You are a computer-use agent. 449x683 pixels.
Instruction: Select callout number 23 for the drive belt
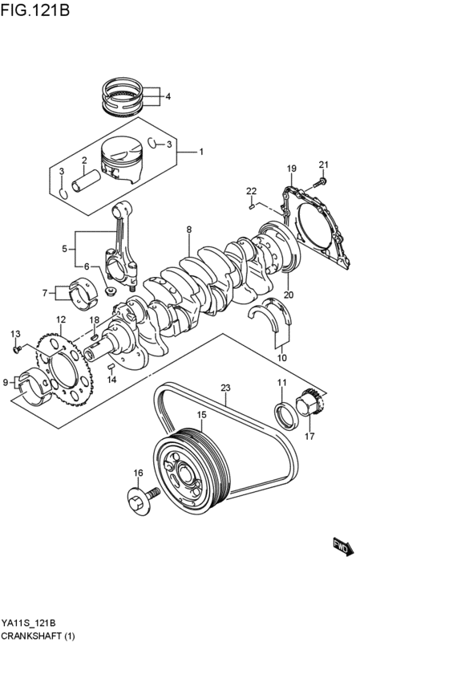(226, 388)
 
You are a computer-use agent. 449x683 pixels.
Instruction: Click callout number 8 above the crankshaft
(188, 230)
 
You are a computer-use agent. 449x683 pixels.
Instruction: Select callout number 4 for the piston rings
(168, 97)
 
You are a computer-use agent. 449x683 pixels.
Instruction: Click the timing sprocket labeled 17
(309, 402)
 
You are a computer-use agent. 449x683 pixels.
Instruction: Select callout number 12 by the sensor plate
(60, 320)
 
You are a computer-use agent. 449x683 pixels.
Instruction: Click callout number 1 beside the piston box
(201, 152)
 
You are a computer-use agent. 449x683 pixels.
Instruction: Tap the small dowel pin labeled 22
(253, 205)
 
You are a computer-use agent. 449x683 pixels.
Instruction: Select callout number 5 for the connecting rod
(64, 250)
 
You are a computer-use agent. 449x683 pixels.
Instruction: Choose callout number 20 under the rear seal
(288, 295)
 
